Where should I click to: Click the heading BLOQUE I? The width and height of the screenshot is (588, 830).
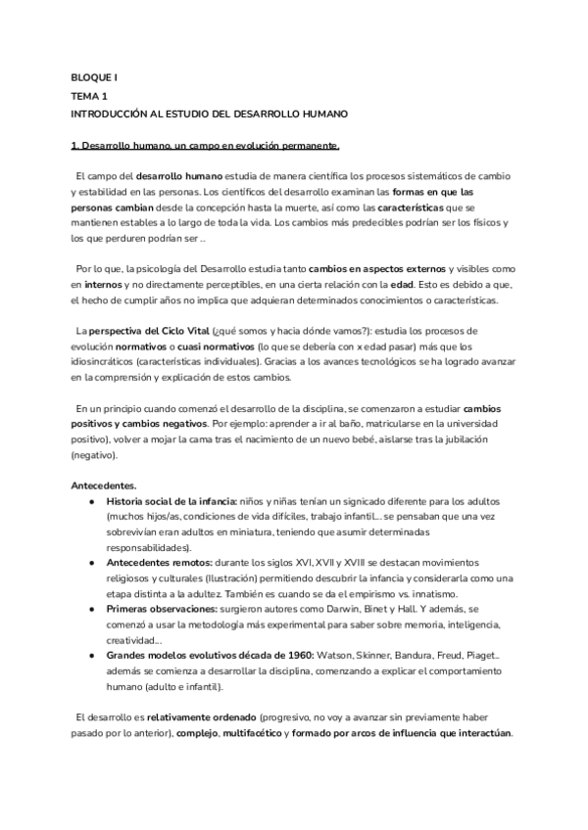tap(94, 75)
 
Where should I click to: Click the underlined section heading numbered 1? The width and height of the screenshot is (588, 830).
tap(205, 146)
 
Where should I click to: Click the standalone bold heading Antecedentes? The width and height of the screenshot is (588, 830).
tap(105, 485)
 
